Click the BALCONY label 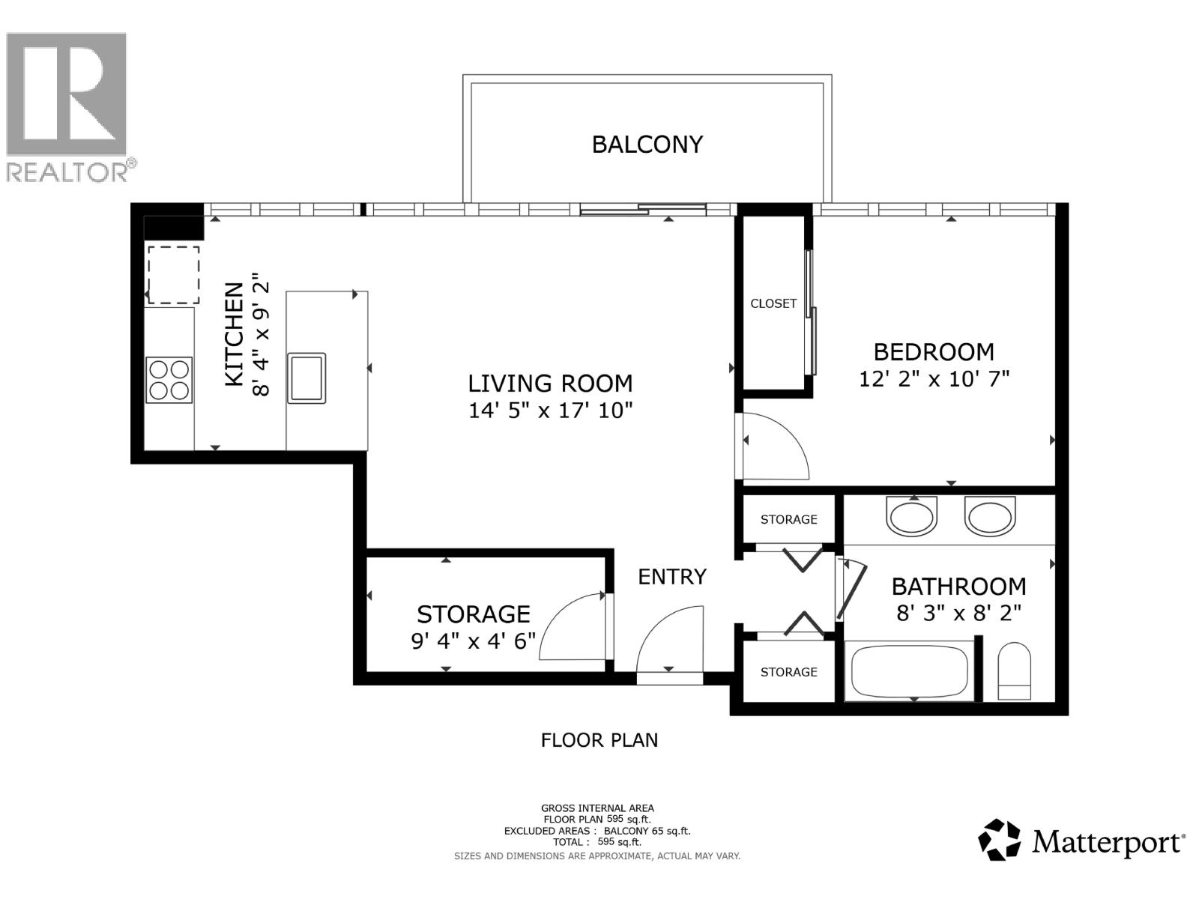647,144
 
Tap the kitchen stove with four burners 169,380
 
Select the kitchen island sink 306,378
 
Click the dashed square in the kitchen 173,275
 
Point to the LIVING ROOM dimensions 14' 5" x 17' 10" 551,411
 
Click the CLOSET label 773,303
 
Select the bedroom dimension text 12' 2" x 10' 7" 934,379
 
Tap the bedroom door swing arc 779,447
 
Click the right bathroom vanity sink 989,517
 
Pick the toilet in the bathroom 1015,671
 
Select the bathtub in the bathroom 909,671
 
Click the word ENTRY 672,576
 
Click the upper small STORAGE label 788,519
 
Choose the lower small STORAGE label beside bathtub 788,672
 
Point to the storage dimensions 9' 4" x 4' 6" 474,641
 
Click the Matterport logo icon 1000,840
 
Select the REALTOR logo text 68,172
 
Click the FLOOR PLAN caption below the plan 599,740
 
